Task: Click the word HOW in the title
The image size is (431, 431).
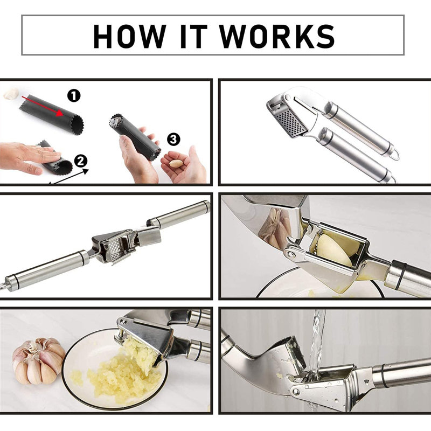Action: click(x=130, y=36)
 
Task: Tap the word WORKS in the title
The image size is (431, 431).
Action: click(x=277, y=36)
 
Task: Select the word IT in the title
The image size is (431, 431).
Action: click(x=193, y=36)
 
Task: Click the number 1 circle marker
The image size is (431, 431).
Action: click(x=74, y=96)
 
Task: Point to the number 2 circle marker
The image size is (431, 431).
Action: click(x=80, y=161)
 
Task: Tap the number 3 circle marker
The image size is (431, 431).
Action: click(x=173, y=140)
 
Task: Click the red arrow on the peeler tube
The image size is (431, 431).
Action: click(x=43, y=106)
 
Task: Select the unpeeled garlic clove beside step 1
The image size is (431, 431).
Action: click(x=11, y=93)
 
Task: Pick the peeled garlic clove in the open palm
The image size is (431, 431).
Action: click(x=176, y=164)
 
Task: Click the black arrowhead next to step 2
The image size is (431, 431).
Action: click(x=86, y=171)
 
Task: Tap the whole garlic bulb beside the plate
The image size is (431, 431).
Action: click(x=38, y=361)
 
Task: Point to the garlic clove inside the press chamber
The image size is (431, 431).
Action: click(x=335, y=249)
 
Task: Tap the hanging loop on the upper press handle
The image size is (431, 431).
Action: click(x=395, y=155)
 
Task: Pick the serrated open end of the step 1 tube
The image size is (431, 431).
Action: click(x=77, y=124)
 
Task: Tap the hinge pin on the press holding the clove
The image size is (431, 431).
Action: click(x=290, y=253)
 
